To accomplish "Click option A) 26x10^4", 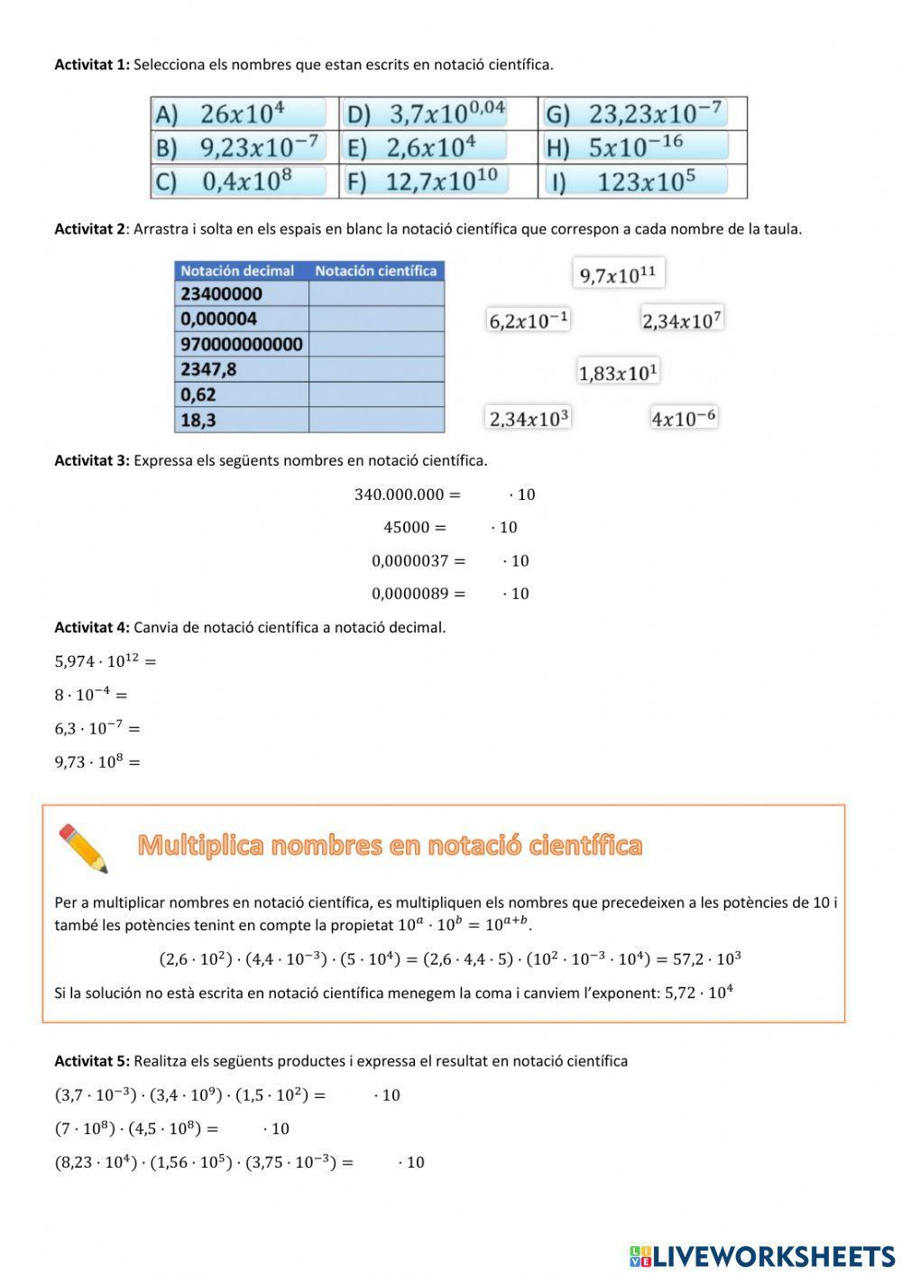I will click(x=240, y=114).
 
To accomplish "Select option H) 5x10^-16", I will click(x=636, y=146).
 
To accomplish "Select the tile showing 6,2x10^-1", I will click(x=529, y=319).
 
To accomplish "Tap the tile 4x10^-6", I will click(x=684, y=418).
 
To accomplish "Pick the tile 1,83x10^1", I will click(x=619, y=371).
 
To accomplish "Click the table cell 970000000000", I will click(x=241, y=344).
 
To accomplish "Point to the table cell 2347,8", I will click(x=241, y=369).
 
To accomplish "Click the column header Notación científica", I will click(x=375, y=271).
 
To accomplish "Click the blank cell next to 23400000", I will click(x=376, y=294).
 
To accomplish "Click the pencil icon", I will click(x=84, y=848).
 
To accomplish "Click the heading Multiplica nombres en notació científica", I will click(x=390, y=845).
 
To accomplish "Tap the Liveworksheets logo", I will click(x=762, y=1255).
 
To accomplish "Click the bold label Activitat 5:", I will click(x=92, y=1061).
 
